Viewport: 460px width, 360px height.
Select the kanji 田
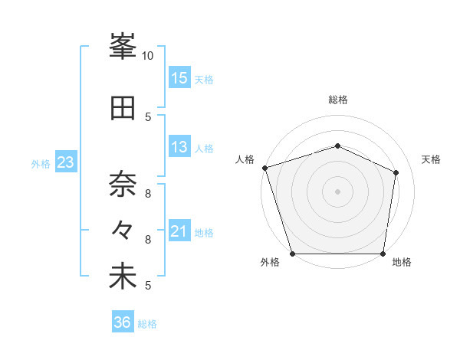coord(123,108)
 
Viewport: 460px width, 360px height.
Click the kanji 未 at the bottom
coord(123,277)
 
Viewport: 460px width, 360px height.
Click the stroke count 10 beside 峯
coord(148,56)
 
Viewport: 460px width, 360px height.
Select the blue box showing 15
coord(179,78)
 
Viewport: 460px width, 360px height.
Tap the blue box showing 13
coord(179,147)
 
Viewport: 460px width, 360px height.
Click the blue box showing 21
coord(179,231)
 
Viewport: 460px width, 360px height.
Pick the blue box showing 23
coord(65,162)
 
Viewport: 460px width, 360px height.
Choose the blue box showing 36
coord(122,323)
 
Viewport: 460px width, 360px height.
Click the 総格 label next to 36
coord(148,324)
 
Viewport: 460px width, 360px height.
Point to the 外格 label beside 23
coord(41,163)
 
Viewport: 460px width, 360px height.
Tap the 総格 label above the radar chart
coord(338,100)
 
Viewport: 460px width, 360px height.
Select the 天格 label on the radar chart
coord(432,159)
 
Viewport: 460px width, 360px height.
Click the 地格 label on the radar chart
coord(402,263)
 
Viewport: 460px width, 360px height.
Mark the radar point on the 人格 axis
coord(264,168)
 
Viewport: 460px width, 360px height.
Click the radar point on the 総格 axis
coord(338,146)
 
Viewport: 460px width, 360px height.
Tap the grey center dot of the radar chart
coord(338,191)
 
